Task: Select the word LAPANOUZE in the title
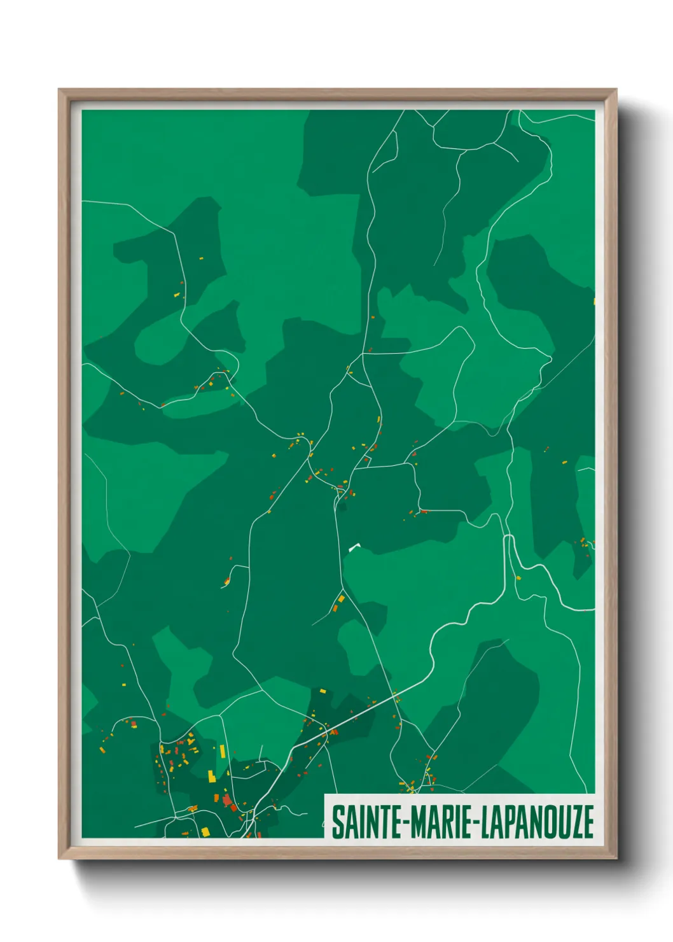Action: pyautogui.click(x=538, y=822)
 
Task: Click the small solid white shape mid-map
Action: pyautogui.click(x=354, y=546)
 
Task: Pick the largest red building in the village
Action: pyautogui.click(x=226, y=799)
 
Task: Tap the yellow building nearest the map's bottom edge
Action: pyautogui.click(x=205, y=831)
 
